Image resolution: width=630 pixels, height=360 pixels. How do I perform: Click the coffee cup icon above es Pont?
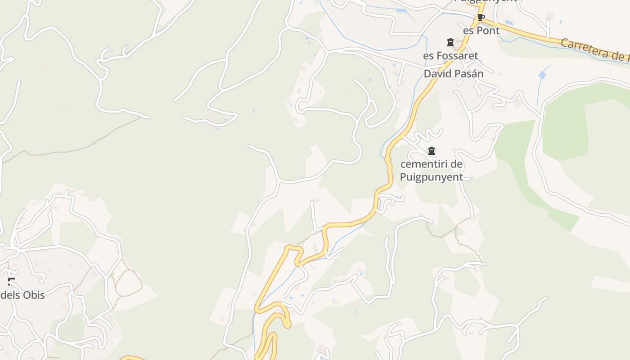(481, 18)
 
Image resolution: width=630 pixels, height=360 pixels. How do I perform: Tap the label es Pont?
(481, 31)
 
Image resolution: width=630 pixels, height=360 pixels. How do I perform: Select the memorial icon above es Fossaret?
(450, 42)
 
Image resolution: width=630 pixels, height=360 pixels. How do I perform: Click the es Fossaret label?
(450, 56)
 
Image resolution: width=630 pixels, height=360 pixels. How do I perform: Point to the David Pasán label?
(454, 73)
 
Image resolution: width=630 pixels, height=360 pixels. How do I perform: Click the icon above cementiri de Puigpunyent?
(432, 151)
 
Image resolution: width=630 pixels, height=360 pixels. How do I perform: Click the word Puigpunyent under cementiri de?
(431, 177)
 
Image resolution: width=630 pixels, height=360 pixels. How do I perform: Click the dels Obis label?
(22, 295)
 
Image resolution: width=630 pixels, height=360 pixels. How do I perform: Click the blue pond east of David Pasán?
(542, 75)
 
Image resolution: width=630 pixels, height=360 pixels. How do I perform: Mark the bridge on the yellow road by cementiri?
(387, 159)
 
